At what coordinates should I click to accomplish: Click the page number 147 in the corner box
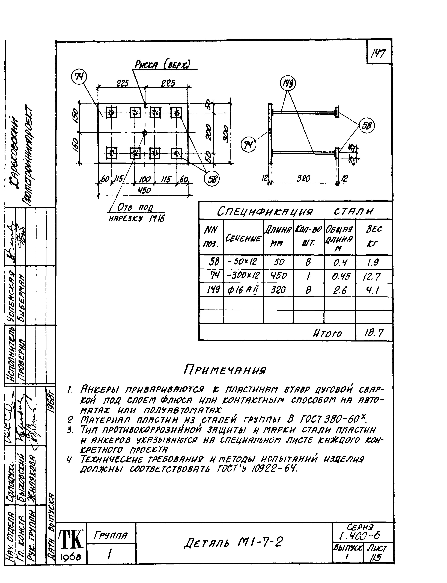pyautogui.click(x=378, y=54)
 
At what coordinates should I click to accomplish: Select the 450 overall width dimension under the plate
pyautogui.click(x=144, y=191)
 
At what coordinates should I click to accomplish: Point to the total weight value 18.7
pyautogui.click(x=374, y=332)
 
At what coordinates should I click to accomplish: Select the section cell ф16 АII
pyautogui.click(x=243, y=290)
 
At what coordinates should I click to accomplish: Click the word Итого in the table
pyautogui.click(x=327, y=333)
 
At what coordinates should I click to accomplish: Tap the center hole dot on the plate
pyautogui.click(x=145, y=132)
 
